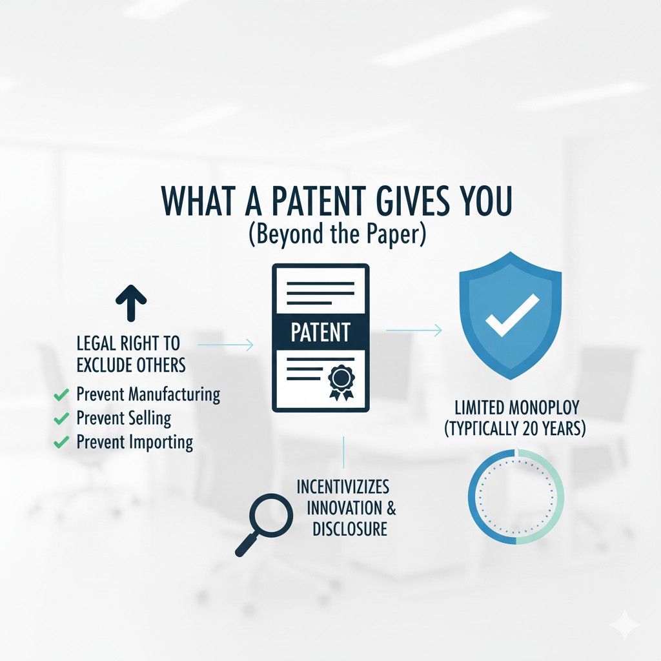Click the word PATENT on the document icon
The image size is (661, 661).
pyautogui.click(x=321, y=332)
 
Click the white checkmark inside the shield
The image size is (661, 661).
pyautogui.click(x=512, y=314)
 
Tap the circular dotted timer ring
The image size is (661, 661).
pyautogui.click(x=516, y=497)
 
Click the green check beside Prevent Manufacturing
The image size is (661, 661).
pyautogui.click(x=62, y=394)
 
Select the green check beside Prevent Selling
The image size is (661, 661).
pyautogui.click(x=62, y=418)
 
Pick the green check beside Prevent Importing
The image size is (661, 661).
pyautogui.click(x=62, y=442)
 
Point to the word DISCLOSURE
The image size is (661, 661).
pyautogui.click(x=349, y=529)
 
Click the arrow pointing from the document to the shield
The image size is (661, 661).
pyautogui.click(x=414, y=330)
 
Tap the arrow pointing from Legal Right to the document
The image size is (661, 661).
pyautogui.click(x=226, y=346)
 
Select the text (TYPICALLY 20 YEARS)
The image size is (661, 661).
pyautogui.click(x=515, y=428)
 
